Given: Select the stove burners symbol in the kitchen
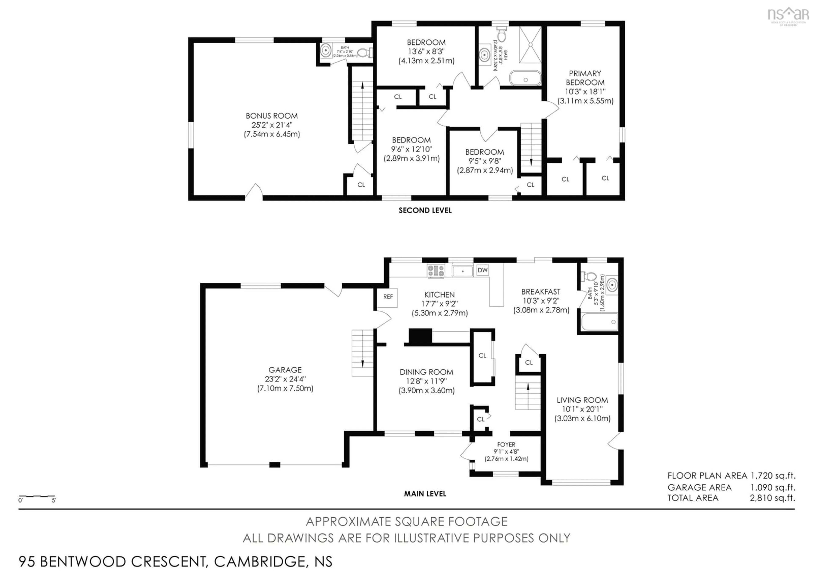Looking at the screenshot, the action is click(x=436, y=271).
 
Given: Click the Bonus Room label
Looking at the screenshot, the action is click(x=272, y=116).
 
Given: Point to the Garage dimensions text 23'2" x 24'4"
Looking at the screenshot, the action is click(x=285, y=379).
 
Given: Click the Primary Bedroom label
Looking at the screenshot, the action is click(x=585, y=78).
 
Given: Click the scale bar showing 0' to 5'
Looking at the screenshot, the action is click(x=37, y=498).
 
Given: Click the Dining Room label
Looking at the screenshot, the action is click(x=426, y=372).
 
